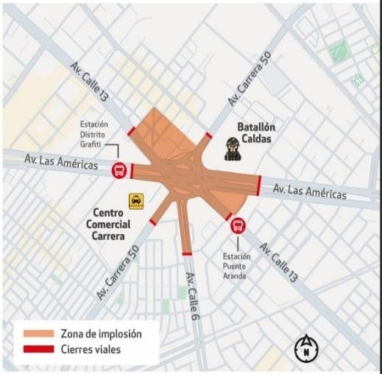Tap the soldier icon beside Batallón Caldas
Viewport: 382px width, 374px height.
(232, 148)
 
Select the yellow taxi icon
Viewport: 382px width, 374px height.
(136, 201)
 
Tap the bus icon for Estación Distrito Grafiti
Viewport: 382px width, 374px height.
(119, 171)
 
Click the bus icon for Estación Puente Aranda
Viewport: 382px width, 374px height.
(238, 225)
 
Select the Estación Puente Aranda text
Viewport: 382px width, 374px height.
(237, 265)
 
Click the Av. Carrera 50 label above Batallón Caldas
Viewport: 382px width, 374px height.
(251, 79)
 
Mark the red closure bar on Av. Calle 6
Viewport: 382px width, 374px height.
(187, 253)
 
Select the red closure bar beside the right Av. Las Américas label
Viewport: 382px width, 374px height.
(259, 186)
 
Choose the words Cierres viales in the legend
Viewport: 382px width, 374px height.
(92, 348)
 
